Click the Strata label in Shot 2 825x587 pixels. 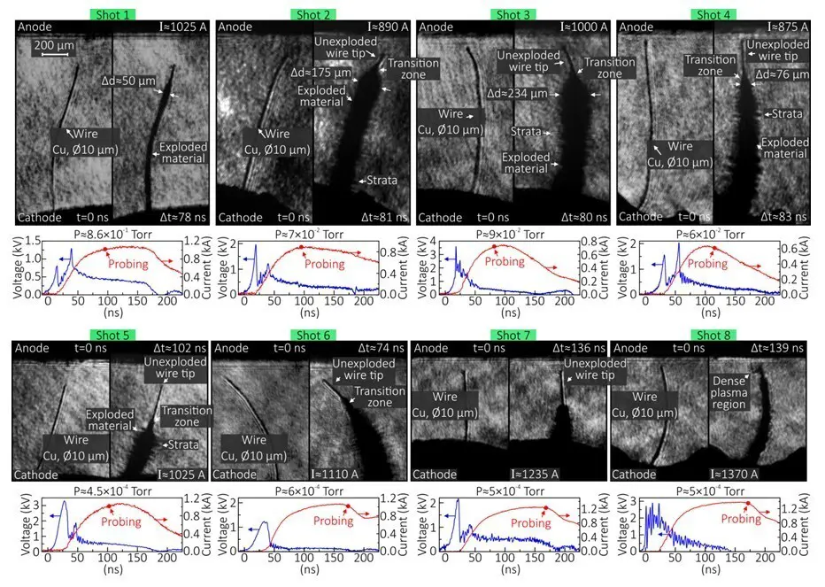(378, 181)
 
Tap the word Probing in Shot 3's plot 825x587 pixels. (505, 262)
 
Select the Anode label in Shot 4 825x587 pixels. (636, 27)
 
